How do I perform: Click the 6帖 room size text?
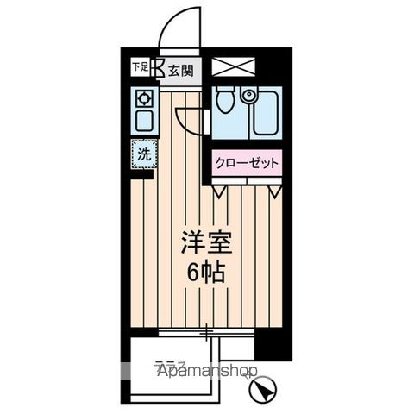[204, 273]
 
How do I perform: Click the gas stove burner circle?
[143, 97]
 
